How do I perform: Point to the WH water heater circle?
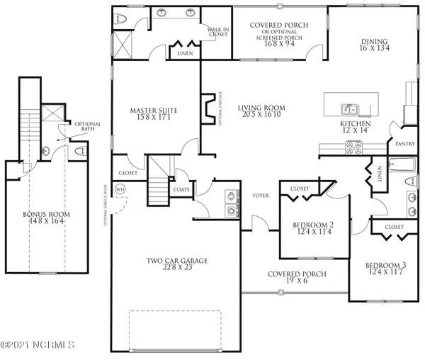click(120, 190)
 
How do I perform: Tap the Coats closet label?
click(181, 190)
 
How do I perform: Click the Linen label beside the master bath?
click(184, 52)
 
